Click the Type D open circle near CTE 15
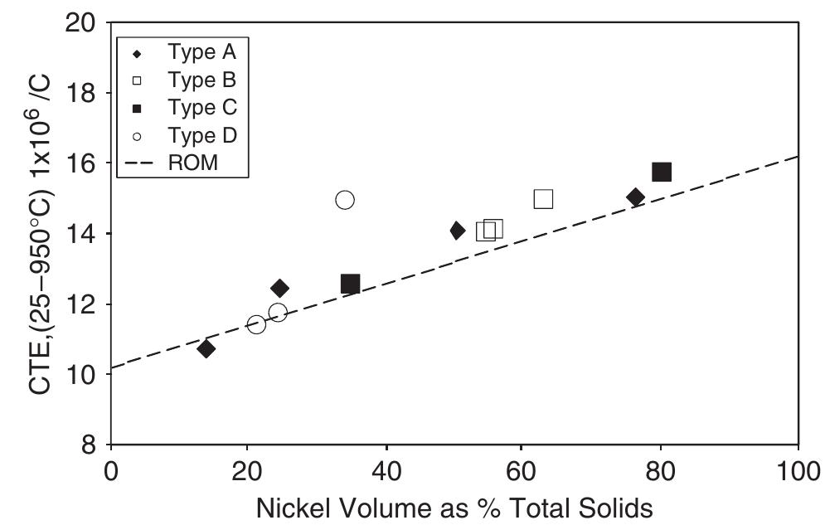pos(345,200)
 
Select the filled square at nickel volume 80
pos(662,173)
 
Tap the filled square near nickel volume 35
pos(350,284)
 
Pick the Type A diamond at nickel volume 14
pos(206,349)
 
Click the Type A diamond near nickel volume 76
pos(636,197)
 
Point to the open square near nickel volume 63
pos(543,199)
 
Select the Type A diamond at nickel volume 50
pos(458,231)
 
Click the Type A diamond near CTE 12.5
pos(280,289)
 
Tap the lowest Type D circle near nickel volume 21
pos(256,324)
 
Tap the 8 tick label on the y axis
pos(90,445)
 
